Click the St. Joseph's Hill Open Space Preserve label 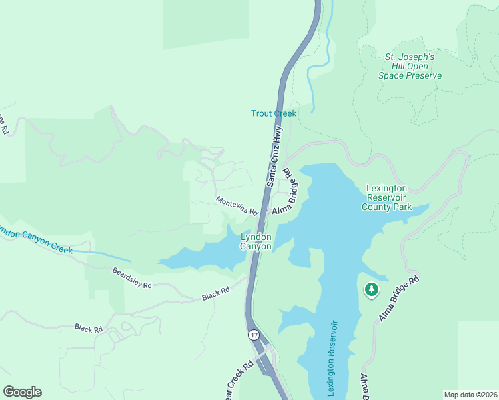tap(410, 66)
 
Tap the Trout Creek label tap(273, 113)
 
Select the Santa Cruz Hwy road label tap(275, 157)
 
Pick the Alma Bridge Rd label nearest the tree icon tap(399, 298)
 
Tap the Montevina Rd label tap(237, 205)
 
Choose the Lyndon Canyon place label tap(256, 241)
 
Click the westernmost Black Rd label tap(89, 329)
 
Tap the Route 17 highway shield tap(254, 334)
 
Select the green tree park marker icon tap(371, 290)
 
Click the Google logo tap(22, 391)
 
